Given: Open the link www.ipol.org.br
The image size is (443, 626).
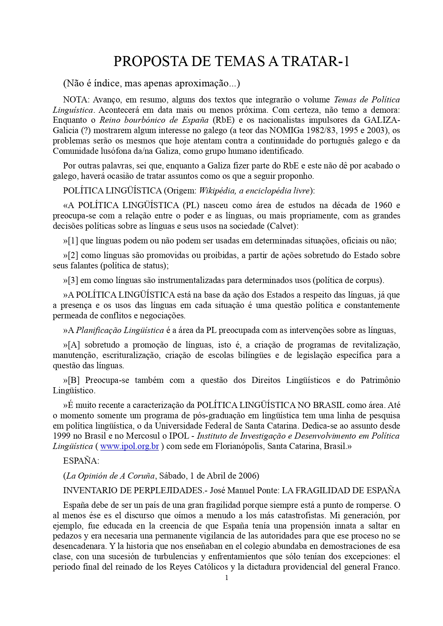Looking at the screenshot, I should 130,446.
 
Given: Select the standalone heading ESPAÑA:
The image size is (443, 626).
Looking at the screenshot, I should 81,461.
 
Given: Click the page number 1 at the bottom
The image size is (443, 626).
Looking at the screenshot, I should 226,578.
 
